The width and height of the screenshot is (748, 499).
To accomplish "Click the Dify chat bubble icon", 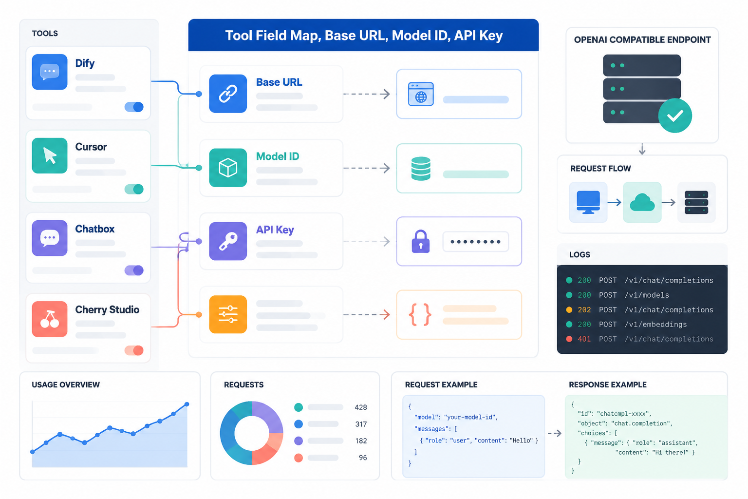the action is pyautogui.click(x=49, y=72).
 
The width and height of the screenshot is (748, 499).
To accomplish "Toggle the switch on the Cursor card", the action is pyautogui.click(x=134, y=189).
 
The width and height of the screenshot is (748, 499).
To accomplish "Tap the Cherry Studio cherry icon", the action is pyautogui.click(x=49, y=319).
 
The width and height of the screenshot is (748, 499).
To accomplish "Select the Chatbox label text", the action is pyautogui.click(x=95, y=229).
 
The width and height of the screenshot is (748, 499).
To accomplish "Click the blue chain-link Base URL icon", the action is pyautogui.click(x=228, y=94).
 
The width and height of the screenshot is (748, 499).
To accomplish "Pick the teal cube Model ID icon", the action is pyautogui.click(x=228, y=168).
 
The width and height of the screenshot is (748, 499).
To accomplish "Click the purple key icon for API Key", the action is pyautogui.click(x=228, y=241).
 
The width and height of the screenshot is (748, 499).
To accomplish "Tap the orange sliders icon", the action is pyautogui.click(x=228, y=314).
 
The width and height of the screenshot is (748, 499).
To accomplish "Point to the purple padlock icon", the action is pyautogui.click(x=421, y=241).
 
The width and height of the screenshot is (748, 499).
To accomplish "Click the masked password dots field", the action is pyautogui.click(x=475, y=242).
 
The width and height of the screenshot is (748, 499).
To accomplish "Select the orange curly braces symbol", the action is pyautogui.click(x=420, y=314).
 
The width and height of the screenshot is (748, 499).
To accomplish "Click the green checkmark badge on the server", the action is pyautogui.click(x=675, y=115).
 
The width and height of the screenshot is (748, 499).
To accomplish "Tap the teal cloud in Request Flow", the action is pyautogui.click(x=642, y=203).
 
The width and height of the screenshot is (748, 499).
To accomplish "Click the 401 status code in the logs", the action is pyautogui.click(x=584, y=339).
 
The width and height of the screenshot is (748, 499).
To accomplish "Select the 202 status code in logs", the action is pyautogui.click(x=584, y=310).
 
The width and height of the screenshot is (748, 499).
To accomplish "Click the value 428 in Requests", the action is pyautogui.click(x=361, y=407).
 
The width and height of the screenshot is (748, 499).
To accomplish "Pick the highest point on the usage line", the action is pyautogui.click(x=187, y=404).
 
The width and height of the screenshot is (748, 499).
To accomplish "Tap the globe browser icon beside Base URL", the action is pyautogui.click(x=421, y=94).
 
